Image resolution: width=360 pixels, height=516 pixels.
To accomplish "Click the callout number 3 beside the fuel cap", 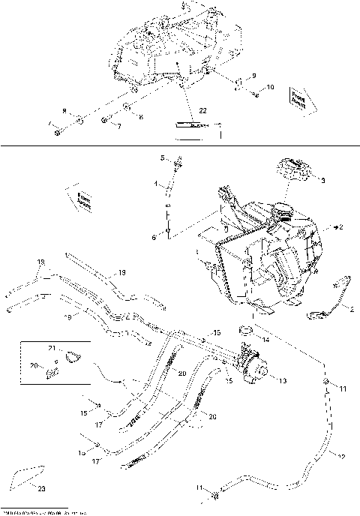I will (322, 181).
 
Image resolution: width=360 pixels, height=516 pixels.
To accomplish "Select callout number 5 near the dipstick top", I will (161, 157).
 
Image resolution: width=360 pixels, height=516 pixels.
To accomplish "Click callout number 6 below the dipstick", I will (155, 237).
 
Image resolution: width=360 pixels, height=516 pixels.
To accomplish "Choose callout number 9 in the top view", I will (253, 76).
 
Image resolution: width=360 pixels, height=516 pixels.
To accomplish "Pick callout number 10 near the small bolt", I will (271, 88).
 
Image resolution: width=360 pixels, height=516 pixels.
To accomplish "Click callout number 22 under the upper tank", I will (202, 110).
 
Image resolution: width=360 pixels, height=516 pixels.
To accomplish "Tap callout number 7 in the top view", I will (118, 126).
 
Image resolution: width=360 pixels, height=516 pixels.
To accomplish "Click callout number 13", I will (282, 381).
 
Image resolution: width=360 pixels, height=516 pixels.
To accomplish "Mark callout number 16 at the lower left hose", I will (82, 453).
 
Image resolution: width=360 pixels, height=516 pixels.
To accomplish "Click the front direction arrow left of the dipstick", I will (79, 196).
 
